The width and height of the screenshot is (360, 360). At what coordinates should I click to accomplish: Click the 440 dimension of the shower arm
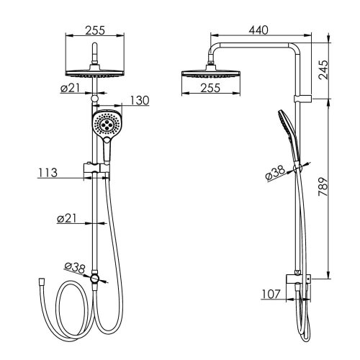[x=258, y=30]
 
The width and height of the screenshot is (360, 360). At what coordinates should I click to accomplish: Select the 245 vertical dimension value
[x=323, y=70]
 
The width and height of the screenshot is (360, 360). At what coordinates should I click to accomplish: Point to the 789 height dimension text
[x=323, y=187]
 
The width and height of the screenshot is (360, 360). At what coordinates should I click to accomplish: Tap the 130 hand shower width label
[x=140, y=100]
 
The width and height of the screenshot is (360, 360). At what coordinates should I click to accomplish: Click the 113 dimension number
[x=48, y=173]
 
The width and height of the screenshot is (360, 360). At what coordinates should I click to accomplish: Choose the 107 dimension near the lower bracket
[x=271, y=294]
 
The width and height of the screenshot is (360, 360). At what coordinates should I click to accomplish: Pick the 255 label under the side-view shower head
[x=210, y=88]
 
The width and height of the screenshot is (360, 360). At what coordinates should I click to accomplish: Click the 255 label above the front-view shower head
[x=95, y=30]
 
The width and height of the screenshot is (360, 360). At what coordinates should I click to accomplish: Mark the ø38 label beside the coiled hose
[x=75, y=269]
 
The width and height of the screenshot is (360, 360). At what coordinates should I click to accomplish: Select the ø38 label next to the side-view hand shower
[x=275, y=173]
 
